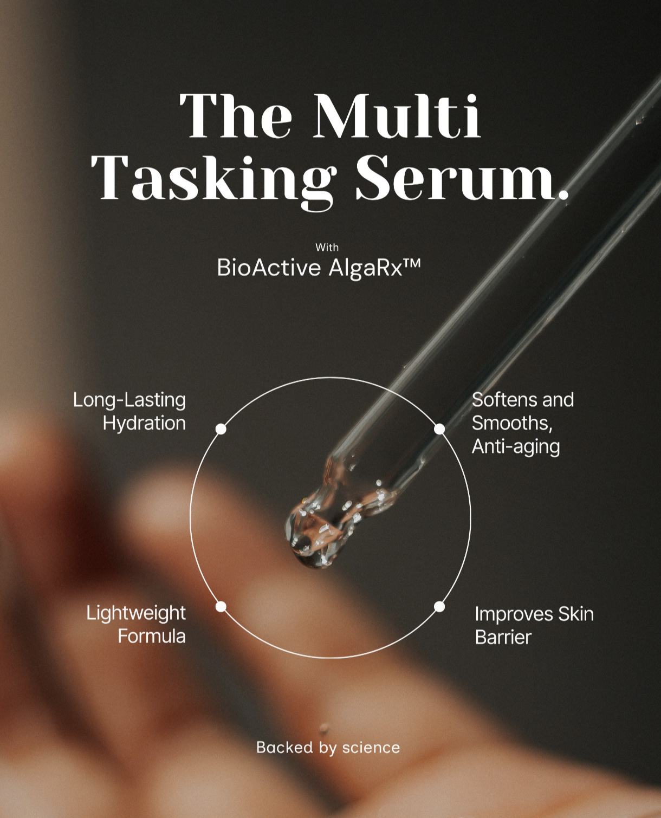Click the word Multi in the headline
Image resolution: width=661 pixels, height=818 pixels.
(398, 115)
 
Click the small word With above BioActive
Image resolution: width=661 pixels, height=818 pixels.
(327, 248)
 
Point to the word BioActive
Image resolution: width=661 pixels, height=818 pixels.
(269, 267)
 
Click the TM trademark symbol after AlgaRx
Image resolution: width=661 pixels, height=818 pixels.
(412, 263)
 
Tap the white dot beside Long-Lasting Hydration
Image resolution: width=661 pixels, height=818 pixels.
(221, 429)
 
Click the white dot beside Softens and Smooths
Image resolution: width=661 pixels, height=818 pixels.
(439, 429)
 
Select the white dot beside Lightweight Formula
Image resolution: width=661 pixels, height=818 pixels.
(221, 607)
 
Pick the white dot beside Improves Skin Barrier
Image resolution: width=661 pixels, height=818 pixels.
(439, 607)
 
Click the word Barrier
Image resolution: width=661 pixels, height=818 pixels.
(503, 638)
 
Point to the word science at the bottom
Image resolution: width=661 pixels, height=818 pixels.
(371, 748)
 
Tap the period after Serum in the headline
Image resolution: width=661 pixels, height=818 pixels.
(563, 195)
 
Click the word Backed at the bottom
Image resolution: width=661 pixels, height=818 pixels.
(284, 748)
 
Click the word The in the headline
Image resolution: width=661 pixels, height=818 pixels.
(236, 115)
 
